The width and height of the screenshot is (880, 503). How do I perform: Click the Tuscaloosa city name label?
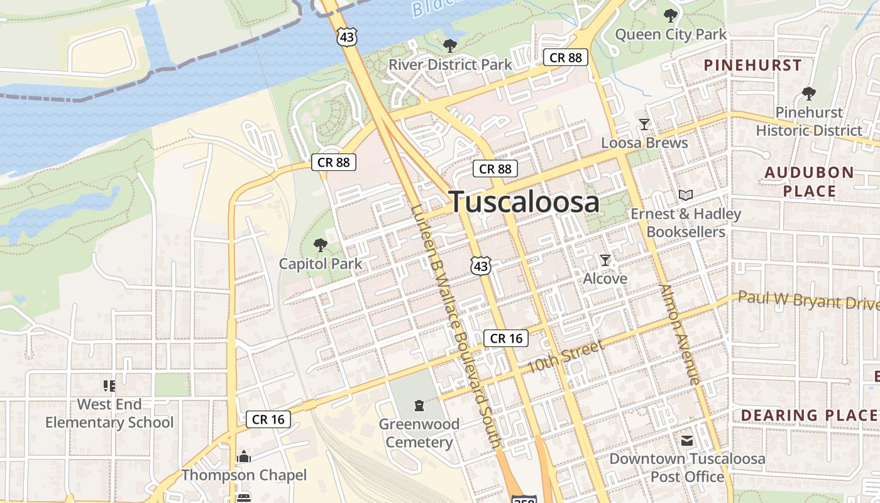click(x=524, y=202)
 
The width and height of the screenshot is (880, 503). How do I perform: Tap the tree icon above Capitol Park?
click(x=321, y=245)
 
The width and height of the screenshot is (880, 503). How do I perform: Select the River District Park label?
click(x=450, y=65)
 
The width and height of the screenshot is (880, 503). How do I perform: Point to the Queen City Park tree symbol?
click(x=670, y=16)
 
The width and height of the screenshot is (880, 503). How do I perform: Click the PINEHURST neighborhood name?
click(x=752, y=65)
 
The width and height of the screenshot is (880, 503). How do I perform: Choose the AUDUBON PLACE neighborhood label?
click(x=809, y=182)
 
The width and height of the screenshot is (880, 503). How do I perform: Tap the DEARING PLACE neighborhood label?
click(x=808, y=415)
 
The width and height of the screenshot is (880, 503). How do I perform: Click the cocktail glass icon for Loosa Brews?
click(x=644, y=124)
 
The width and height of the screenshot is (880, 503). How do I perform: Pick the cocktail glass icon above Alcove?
click(x=605, y=260)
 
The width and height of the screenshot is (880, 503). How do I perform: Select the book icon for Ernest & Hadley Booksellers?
click(x=686, y=196)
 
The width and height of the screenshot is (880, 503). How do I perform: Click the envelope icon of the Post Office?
click(x=687, y=441)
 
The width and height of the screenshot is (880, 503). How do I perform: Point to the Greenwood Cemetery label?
click(x=419, y=433)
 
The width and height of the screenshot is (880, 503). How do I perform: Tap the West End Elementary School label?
click(x=109, y=413)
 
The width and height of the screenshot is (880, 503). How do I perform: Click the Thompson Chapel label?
click(x=244, y=475)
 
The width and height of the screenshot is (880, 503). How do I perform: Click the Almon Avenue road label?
click(x=680, y=334)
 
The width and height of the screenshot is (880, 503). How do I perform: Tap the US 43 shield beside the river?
click(x=347, y=37)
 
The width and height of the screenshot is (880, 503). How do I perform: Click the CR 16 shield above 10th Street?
click(x=506, y=338)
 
